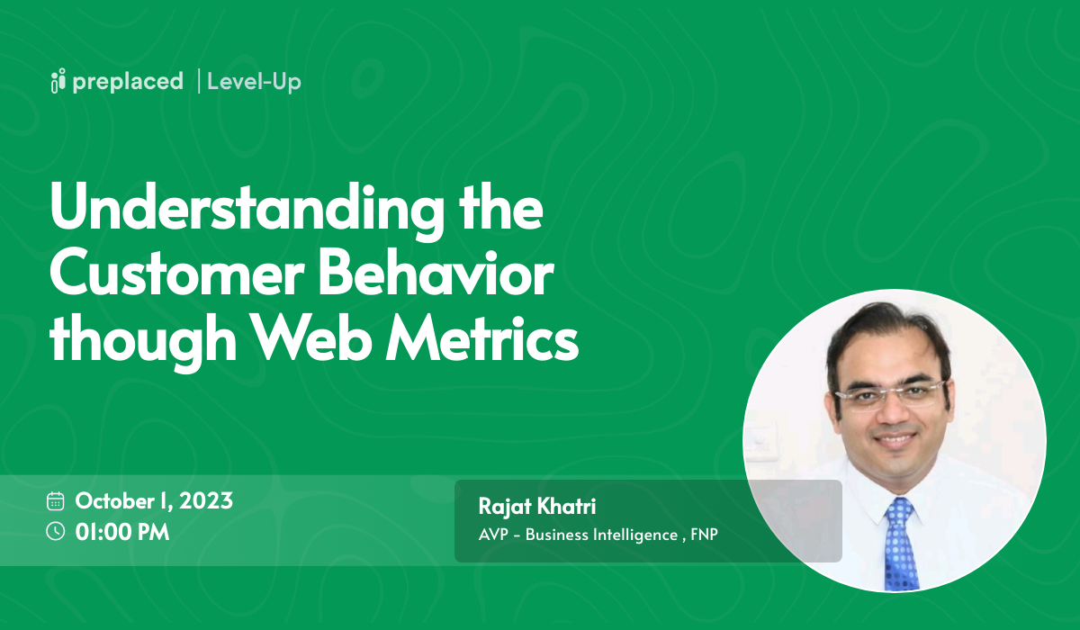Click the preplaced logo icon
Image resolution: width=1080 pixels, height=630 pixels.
pos(58,81)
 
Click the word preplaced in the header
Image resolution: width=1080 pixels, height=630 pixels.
pos(127,82)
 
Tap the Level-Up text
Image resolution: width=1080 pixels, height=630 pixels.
pos(254,82)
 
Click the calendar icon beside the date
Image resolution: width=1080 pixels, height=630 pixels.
pos(56,501)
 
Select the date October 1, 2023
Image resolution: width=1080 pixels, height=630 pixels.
pos(154,501)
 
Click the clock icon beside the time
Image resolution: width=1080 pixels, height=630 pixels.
pos(56,531)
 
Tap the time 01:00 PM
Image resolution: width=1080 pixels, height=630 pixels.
pos(122,532)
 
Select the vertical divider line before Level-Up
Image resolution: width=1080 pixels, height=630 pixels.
pos(197,81)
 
